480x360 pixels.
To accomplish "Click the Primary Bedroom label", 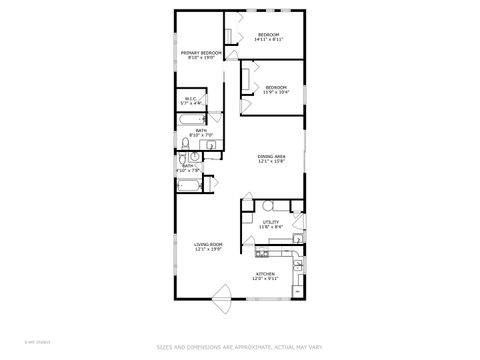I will [x=200, y=52].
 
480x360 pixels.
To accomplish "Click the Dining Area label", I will [x=273, y=156].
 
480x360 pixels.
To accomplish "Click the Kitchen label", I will [x=265, y=274].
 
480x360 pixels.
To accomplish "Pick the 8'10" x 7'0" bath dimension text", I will [x=201, y=134].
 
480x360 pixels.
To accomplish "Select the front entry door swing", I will [x=222, y=296].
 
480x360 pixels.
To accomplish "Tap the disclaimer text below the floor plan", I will [x=239, y=348].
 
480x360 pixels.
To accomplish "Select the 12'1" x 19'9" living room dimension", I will [x=208, y=250].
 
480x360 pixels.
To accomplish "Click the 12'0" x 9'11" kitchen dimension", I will [x=265, y=279].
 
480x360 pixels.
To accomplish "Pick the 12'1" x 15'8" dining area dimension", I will [x=273, y=161].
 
